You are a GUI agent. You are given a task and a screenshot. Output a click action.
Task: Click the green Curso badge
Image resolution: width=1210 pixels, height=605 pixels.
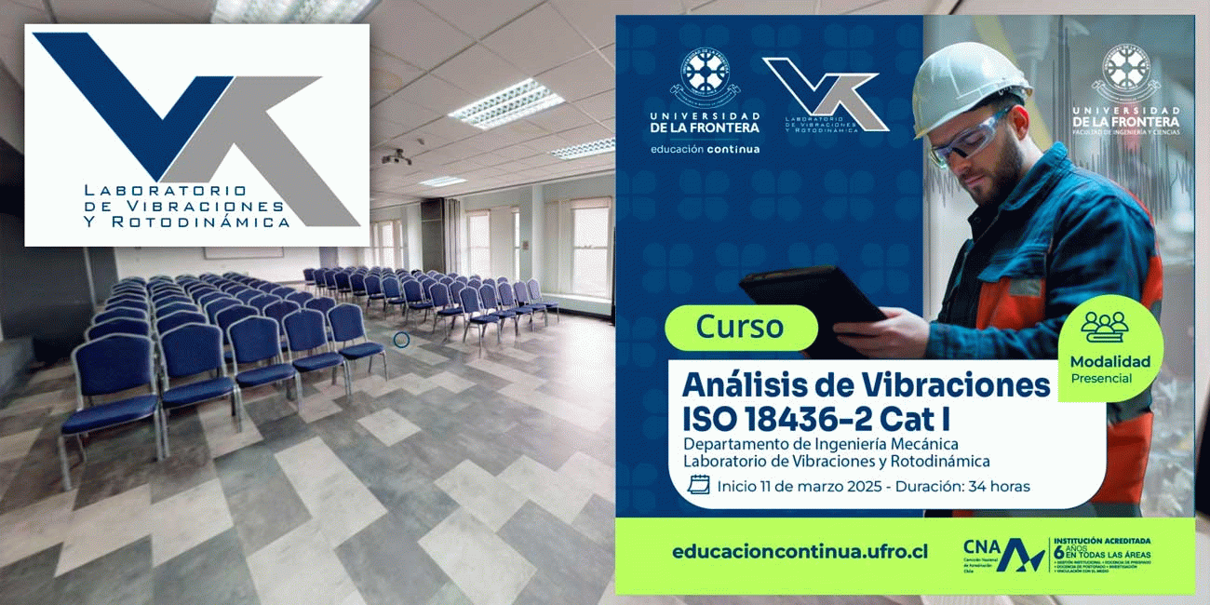tap(741, 328)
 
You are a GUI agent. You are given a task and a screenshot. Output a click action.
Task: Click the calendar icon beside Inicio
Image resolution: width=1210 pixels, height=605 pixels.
tap(698, 485)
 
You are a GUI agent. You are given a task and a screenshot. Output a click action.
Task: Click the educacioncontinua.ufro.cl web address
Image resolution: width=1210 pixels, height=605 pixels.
tap(800, 552)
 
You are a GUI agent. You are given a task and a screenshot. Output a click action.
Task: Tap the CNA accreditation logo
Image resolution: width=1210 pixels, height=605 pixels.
tap(1004, 556)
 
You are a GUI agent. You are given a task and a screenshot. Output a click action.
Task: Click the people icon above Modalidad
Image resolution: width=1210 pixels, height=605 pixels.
tap(1104, 327)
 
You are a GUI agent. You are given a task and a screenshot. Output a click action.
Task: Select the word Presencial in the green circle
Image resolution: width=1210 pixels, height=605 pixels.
tap(1101, 379)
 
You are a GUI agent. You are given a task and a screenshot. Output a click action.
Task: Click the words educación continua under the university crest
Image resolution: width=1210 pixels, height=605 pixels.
tap(705, 149)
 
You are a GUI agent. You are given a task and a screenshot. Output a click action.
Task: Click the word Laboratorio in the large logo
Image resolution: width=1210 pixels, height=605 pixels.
tap(164, 189)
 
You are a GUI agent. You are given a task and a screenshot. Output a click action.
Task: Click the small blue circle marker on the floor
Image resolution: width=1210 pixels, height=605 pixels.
tap(402, 340)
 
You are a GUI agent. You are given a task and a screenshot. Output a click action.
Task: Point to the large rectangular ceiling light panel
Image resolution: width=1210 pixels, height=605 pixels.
tap(506, 102)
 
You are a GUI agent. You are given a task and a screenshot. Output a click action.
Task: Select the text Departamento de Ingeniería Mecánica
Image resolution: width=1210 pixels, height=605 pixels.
tap(820, 444)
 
